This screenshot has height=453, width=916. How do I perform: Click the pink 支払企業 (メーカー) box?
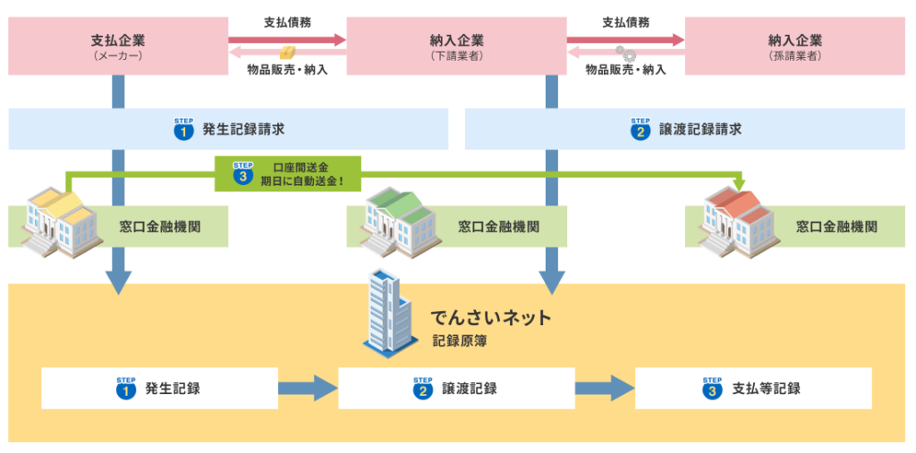pos(117,46)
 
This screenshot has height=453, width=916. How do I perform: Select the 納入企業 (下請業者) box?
pos(456,46)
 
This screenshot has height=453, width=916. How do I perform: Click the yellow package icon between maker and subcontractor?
pos(287,53)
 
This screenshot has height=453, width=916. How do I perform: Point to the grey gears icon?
pos(625,54)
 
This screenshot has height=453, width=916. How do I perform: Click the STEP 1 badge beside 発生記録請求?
pos(183,130)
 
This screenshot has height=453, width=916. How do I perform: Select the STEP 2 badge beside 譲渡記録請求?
pos(640,130)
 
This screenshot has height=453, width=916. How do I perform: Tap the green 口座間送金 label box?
pos(287,173)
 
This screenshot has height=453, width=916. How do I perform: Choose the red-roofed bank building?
pos(734,220)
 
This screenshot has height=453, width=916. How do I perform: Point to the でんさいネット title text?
pos(491,317)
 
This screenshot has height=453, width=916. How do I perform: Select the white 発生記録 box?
pos(159,389)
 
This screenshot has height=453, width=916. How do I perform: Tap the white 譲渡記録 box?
pos(456,389)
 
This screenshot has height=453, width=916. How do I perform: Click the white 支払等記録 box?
pos(753,389)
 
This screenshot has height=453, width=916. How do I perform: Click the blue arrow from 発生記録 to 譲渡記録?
pos(308,389)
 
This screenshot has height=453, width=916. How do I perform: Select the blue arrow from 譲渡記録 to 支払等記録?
pos(604,389)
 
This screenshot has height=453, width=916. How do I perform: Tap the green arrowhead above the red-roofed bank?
pos(739,184)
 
